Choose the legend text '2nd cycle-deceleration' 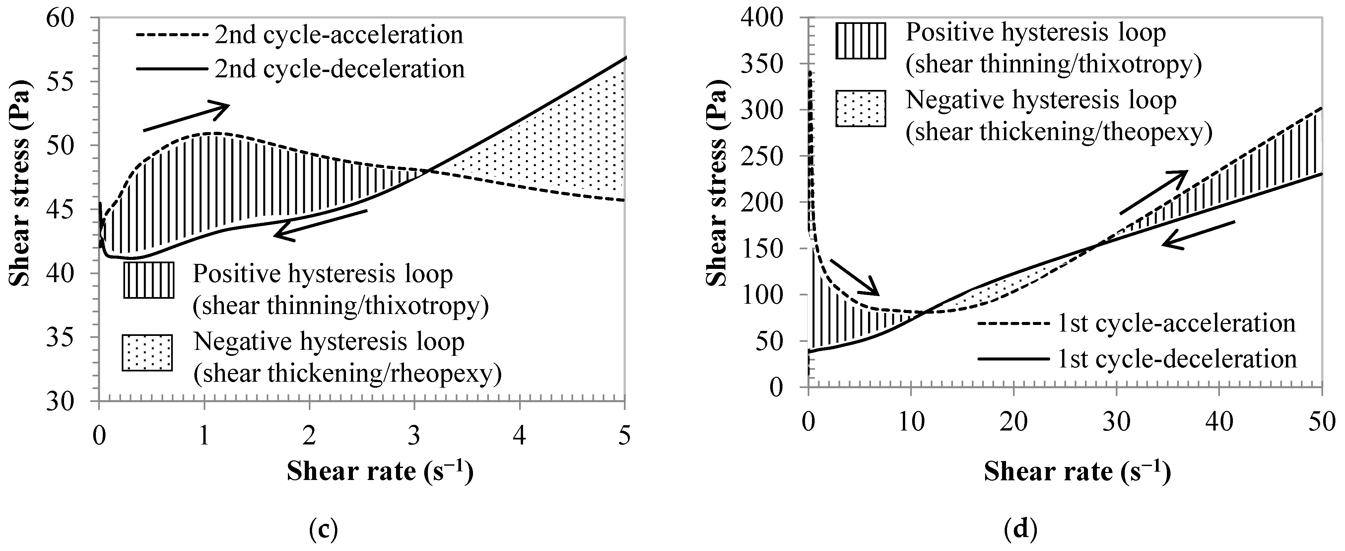(x=339, y=68)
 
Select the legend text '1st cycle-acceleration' (x=1177, y=323)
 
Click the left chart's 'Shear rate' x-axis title (x=379, y=472)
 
